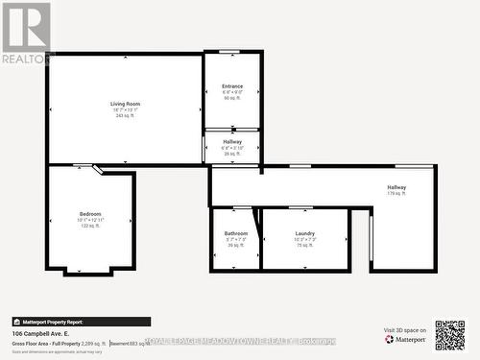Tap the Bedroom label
[90, 213]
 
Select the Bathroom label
[236, 233]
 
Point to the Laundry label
[305, 233]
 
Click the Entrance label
[232, 85]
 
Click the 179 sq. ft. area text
[396, 194]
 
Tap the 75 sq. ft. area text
[305, 245]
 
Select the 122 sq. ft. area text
[90, 226]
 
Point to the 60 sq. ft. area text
[232, 98]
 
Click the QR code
[449, 335]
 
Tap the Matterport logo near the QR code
[406, 339]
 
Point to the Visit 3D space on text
[404, 329]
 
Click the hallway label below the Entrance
[232, 141]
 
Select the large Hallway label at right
[396, 187]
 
